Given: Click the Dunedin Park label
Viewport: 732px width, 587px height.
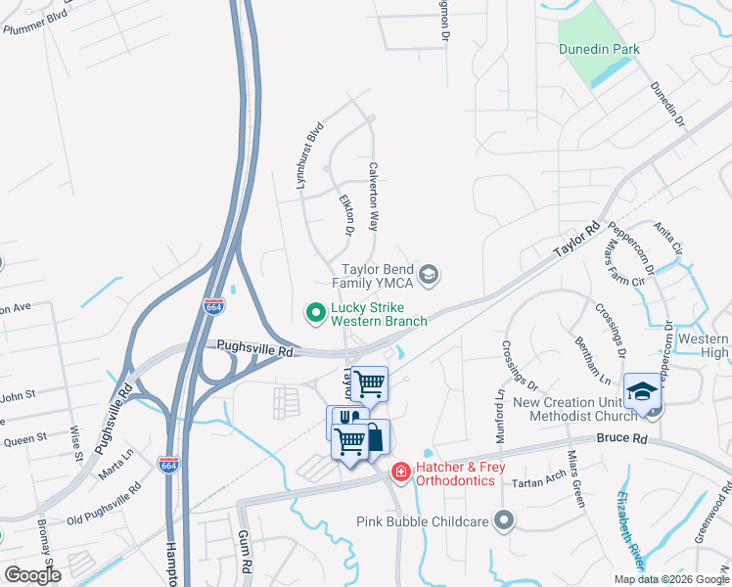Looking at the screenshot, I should tap(599, 49).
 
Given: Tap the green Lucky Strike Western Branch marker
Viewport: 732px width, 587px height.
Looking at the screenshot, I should tap(315, 313).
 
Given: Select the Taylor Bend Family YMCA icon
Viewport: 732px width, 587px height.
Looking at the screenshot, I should tap(428, 276).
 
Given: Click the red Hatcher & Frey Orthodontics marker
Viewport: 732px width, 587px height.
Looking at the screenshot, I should tap(400, 474).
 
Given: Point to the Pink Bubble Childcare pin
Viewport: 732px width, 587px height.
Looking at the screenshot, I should tap(505, 521).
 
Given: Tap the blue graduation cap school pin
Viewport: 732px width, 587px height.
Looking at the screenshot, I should tap(642, 391).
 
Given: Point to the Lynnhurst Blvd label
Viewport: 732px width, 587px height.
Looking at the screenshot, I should tap(308, 156).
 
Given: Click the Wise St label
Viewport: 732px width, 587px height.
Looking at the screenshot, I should tap(74, 442).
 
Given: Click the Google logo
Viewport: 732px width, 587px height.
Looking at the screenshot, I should tap(32, 574).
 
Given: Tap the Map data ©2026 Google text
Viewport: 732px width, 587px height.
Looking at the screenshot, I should tap(670, 579).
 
